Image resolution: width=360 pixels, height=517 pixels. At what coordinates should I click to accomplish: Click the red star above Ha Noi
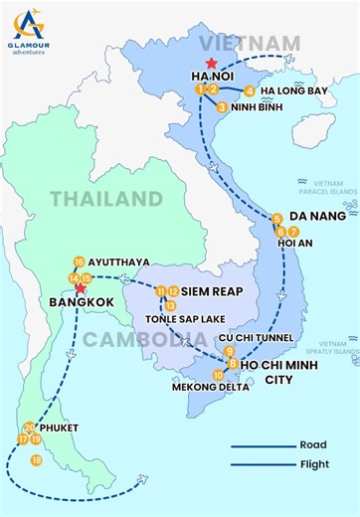tap(210, 64)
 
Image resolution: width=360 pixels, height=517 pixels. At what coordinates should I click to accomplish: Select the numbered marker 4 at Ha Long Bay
tap(250, 90)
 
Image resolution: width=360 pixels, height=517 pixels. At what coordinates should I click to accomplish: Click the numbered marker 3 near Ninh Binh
tap(222, 106)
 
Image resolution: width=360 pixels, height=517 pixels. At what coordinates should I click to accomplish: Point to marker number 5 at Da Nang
tap(276, 219)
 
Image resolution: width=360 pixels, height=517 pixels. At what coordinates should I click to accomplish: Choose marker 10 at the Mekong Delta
tap(218, 375)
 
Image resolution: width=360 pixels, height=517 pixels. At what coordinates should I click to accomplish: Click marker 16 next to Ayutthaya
tap(79, 262)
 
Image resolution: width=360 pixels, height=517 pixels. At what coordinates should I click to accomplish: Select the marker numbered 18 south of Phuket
tap(37, 459)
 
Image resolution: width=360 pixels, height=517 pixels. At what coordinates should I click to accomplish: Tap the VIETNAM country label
tap(249, 42)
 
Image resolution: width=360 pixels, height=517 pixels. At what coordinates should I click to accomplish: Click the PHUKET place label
tap(58, 428)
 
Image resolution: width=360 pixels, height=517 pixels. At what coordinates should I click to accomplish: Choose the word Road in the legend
tap(311, 445)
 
